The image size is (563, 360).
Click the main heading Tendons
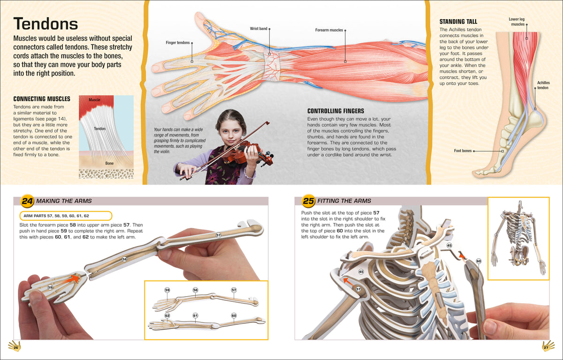point(46,23)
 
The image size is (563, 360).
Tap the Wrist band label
point(259,29)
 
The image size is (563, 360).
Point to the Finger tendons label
point(178,43)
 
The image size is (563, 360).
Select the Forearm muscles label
point(329,30)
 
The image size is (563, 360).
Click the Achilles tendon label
point(543,85)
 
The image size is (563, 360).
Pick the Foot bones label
point(463,151)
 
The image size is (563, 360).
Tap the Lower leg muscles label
point(517,22)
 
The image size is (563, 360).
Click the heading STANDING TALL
point(458,22)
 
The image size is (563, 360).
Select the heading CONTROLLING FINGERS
point(335,111)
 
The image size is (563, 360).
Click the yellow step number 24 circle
point(27,201)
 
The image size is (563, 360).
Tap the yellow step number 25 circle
point(308,201)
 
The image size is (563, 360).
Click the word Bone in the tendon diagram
point(109,163)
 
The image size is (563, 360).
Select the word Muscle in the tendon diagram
point(94,100)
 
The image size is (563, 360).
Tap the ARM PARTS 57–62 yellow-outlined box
point(66,216)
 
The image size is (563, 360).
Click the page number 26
point(16,348)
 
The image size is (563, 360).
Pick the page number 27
point(546,348)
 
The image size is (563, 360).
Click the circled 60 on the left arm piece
point(479,261)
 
